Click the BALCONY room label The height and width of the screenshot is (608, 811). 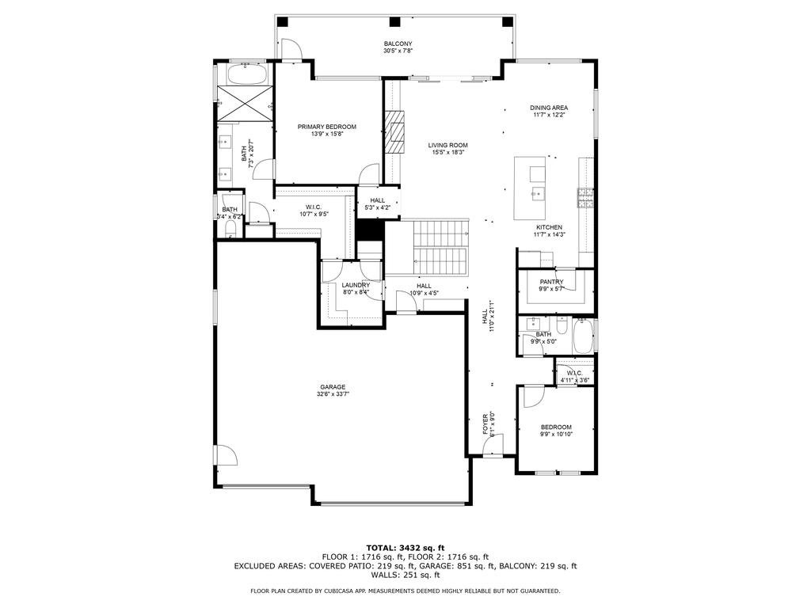click(x=398, y=44)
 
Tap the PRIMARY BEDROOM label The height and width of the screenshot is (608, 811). click(x=327, y=127)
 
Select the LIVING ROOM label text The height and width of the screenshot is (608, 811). click(x=448, y=145)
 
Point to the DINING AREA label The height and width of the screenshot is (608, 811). click(x=549, y=108)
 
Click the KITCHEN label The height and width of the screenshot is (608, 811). click(x=548, y=227)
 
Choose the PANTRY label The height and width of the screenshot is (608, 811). click(x=551, y=281)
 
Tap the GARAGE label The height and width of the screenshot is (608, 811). click(x=333, y=387)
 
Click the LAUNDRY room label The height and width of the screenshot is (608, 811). click(x=356, y=285)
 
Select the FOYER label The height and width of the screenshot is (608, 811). click(x=486, y=424)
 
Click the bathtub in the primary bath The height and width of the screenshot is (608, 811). click(x=246, y=75)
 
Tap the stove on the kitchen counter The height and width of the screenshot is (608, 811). click(x=586, y=198)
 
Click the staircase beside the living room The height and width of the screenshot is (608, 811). click(x=440, y=247)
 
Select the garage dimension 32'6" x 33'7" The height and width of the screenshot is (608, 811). click(x=333, y=394)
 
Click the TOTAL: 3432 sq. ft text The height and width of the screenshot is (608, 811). click(x=405, y=548)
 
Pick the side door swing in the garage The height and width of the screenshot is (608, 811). click(x=226, y=456)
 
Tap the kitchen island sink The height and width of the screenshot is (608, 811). click(x=538, y=191)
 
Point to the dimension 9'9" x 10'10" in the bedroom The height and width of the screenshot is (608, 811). click(x=555, y=435)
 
